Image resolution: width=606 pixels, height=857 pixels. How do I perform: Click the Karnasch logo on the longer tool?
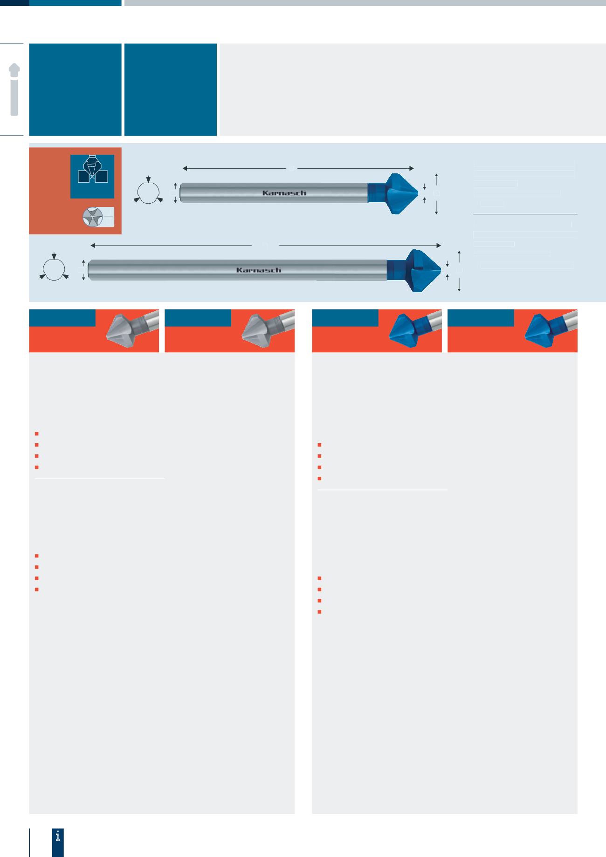click(x=258, y=270)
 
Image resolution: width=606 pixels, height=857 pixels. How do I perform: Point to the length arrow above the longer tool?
click(x=266, y=245)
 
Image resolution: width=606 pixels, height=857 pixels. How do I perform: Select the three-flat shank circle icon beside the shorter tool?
click(x=149, y=192)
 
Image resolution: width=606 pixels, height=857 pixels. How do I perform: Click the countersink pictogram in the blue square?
click(x=92, y=173)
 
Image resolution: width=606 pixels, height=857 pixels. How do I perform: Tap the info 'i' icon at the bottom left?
click(x=58, y=836)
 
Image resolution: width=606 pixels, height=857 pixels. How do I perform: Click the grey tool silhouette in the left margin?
click(x=14, y=89)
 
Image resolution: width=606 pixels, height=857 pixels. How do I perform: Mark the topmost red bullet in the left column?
click(x=36, y=434)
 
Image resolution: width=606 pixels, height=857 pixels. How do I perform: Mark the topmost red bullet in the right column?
click(x=319, y=445)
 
